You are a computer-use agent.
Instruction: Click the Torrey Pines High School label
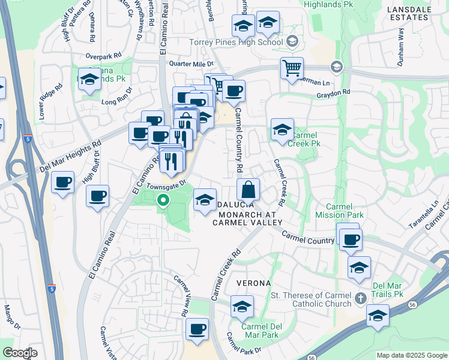235,42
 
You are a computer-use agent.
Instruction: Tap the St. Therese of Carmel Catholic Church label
311,299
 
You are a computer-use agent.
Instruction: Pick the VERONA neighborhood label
254,283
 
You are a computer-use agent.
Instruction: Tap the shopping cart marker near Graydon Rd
292,68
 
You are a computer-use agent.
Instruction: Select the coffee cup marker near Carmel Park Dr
197,329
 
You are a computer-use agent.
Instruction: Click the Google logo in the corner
19,353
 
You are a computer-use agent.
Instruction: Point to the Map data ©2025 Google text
412,355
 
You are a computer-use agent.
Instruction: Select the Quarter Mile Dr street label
191,64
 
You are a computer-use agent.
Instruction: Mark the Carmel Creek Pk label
304,140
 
